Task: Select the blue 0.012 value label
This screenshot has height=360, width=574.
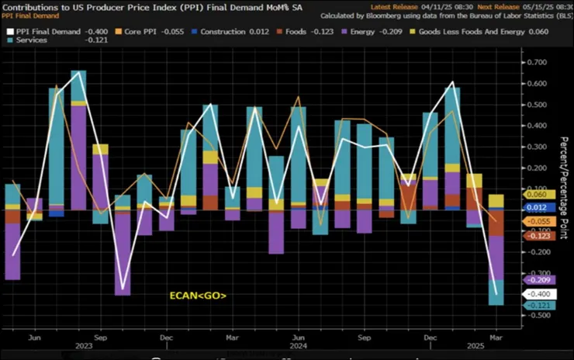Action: click(x=538, y=208)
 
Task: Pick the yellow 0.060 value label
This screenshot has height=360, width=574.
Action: click(x=538, y=196)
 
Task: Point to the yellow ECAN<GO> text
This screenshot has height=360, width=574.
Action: click(x=199, y=296)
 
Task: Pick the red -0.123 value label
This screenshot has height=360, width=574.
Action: click(x=538, y=236)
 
